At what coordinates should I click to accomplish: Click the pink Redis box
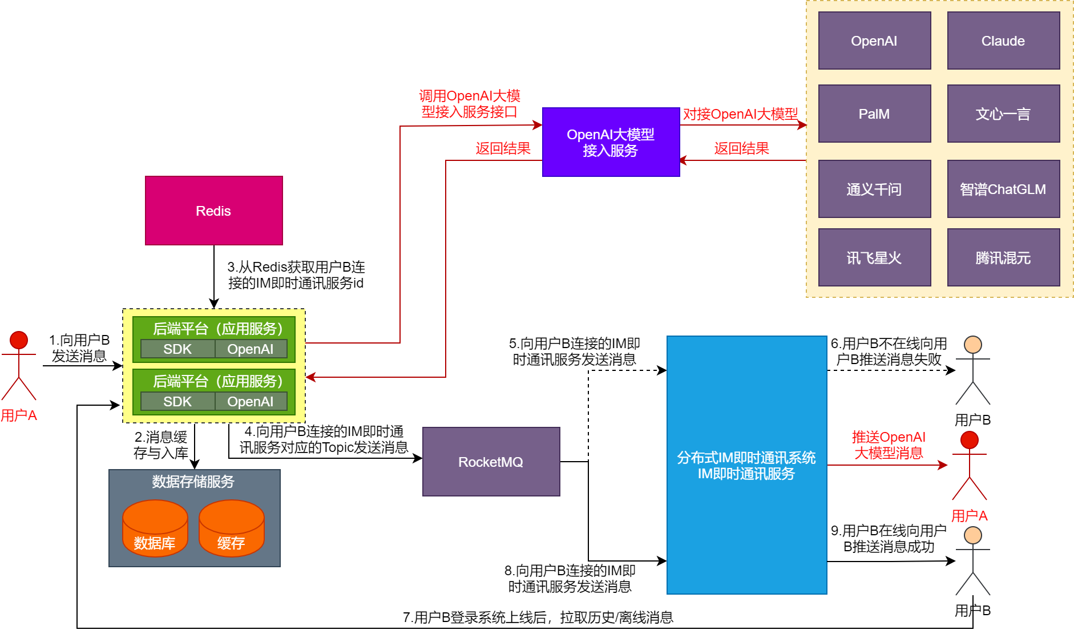213,211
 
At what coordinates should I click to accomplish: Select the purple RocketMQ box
491,462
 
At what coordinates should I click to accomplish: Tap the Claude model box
1003,41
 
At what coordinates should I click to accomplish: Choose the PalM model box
874,114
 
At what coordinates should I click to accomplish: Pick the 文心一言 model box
1003,114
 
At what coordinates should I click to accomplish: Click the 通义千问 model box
874,189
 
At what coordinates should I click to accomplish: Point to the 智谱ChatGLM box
1003,189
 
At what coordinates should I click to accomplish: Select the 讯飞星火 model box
874,258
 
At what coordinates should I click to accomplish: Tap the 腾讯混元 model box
1003,258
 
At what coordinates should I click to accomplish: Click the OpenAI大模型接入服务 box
610,142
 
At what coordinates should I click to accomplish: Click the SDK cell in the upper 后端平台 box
177,349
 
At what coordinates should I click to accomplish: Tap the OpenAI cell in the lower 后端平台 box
250,402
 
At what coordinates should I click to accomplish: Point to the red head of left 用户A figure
19,340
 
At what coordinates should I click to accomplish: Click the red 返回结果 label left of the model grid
741,149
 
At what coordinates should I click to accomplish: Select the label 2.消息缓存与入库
161,445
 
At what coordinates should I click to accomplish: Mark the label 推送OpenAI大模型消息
889,445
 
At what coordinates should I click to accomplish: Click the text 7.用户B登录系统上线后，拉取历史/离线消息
538,617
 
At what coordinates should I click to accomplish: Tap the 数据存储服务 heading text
193,482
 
